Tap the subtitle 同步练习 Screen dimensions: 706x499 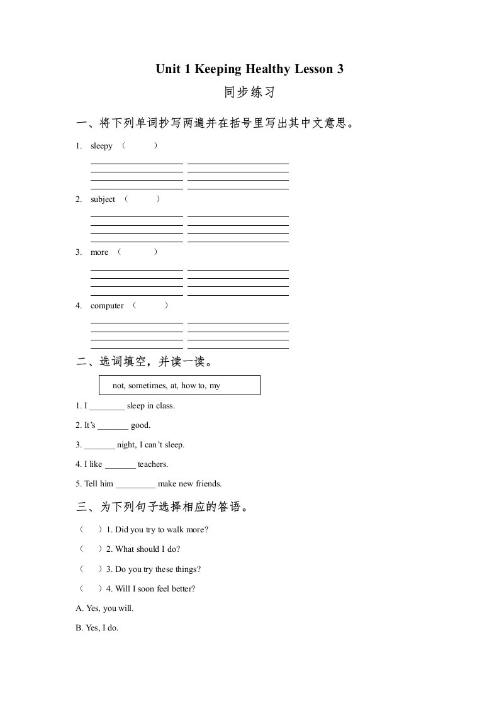pyautogui.click(x=250, y=93)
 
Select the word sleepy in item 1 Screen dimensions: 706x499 pyautogui.click(x=101, y=146)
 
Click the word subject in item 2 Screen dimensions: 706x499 pyautogui.click(x=103, y=199)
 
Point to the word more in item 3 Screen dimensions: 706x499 pyautogui.click(x=99, y=252)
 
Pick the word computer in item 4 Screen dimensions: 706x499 pyautogui.click(x=107, y=306)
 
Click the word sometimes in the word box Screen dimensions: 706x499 pyautogui.click(x=147, y=386)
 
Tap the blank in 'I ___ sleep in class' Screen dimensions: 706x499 pyautogui.click(x=107, y=406)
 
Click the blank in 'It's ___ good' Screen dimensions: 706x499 pyautogui.click(x=113, y=426)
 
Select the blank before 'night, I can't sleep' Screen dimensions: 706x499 pyautogui.click(x=99, y=445)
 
